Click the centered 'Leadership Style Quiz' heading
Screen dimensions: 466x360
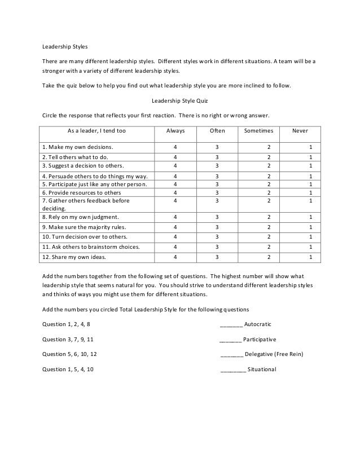pos(181,101)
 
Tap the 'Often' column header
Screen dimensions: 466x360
pos(217,131)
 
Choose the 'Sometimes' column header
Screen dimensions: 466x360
pos(258,131)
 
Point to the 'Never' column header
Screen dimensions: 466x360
pos(300,131)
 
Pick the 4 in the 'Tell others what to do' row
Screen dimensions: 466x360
pos(175,157)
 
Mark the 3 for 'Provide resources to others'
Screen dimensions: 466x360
pos(217,192)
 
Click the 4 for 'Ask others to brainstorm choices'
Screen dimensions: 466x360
pos(175,247)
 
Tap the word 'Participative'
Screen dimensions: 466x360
pos(260,340)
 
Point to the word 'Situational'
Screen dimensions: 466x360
pos(262,370)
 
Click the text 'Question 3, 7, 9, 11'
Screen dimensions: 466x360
pos(68,340)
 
